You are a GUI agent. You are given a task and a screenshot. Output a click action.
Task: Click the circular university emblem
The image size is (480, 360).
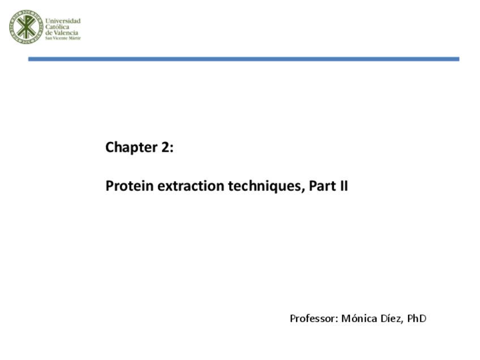pos(25,27)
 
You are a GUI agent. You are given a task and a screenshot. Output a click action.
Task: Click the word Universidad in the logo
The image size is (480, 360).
pos(63,21)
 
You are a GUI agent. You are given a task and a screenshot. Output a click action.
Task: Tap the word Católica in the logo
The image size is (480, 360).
pos(58,27)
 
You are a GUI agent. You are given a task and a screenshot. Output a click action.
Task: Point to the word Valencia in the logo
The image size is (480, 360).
pos(67,33)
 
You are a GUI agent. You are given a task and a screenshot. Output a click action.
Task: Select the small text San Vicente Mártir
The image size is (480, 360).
pos(63,38)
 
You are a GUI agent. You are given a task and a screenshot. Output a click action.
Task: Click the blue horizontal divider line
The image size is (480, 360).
pos(243,59)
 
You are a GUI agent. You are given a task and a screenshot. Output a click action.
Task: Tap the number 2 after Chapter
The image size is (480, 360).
pos(165,148)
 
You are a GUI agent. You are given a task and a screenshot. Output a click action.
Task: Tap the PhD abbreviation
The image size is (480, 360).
pos(417,319)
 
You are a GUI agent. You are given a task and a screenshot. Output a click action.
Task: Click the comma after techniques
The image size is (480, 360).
pos(304,189)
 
